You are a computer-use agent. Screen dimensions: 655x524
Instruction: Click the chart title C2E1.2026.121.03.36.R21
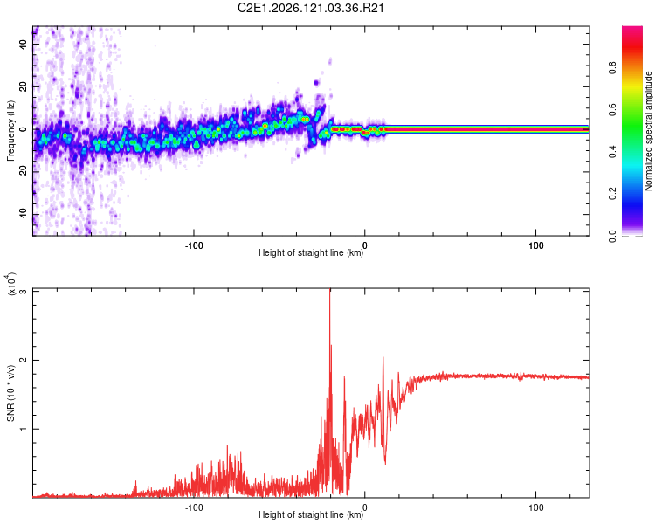[x=310, y=9]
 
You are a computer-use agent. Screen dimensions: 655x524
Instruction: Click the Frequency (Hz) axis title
[x=10, y=131]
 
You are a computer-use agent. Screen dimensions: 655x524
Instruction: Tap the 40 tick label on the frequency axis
[x=24, y=44]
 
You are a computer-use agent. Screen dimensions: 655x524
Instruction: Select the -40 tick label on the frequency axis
[x=24, y=214]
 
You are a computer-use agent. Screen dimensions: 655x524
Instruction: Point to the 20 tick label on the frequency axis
[x=24, y=86]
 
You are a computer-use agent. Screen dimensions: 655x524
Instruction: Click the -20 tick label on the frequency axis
[x=24, y=172]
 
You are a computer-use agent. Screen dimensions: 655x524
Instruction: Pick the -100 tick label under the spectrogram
[x=194, y=245]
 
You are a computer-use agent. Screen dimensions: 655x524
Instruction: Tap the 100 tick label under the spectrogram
[x=536, y=245]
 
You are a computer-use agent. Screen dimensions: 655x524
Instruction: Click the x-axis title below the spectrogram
[x=311, y=252]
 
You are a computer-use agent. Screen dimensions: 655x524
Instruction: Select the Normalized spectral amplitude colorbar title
[x=648, y=131]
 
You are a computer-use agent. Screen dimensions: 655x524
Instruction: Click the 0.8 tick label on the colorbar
[x=613, y=68]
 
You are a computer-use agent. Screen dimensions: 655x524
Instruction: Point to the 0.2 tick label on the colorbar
[x=613, y=194]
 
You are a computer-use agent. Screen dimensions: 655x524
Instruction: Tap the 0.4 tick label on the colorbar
[x=613, y=152]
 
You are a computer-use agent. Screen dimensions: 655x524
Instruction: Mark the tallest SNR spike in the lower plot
[x=330, y=290]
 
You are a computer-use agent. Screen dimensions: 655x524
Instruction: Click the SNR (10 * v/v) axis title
[x=10, y=393]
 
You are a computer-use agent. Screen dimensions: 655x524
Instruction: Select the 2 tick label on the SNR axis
[x=24, y=360]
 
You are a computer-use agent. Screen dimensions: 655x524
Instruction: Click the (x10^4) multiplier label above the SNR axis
[x=11, y=284]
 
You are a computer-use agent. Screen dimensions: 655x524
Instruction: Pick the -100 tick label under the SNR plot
[x=194, y=507]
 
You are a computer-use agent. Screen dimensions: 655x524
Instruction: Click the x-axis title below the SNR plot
[x=311, y=514]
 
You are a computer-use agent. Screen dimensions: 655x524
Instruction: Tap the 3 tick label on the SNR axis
[x=24, y=291]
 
